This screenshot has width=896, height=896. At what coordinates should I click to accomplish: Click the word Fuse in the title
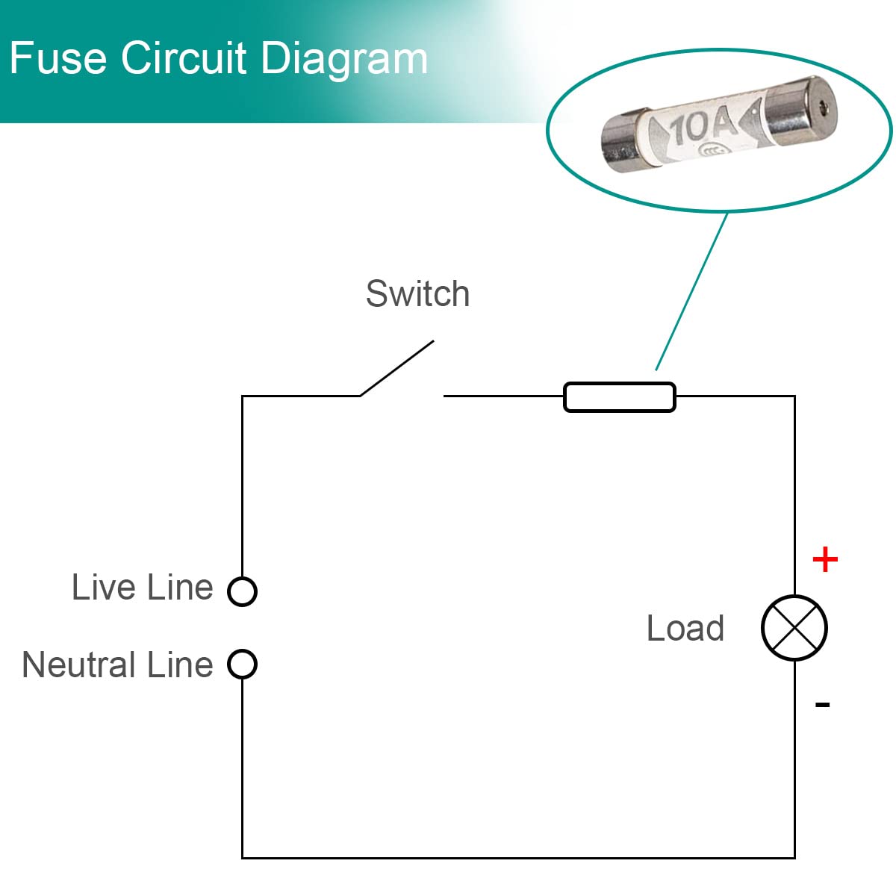pos(58,57)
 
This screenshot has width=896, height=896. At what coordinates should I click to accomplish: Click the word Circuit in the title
pos(183,57)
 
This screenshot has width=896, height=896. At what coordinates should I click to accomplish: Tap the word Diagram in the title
pos(344,60)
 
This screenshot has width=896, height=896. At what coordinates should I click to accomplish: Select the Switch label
pos(417,294)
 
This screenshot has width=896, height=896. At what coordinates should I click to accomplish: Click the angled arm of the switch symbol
pos(397,368)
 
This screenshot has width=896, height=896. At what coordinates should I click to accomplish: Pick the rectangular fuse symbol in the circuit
pos(619,397)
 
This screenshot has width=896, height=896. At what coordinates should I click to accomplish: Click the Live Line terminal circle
pos(242,591)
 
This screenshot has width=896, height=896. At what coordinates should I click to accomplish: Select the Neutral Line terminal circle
pos(242,664)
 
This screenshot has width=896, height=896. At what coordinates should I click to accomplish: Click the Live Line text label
pos(143,588)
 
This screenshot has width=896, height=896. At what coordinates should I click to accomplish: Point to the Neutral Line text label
pos(118,665)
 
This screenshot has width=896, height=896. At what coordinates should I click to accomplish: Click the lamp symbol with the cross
pos(794,628)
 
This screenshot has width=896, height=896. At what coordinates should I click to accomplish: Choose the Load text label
pos(685,628)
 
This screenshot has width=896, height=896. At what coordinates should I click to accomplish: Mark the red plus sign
pos(825,559)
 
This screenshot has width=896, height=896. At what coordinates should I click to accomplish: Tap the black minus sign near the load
pos(823,704)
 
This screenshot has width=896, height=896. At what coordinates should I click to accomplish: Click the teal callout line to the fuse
pos(691,291)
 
